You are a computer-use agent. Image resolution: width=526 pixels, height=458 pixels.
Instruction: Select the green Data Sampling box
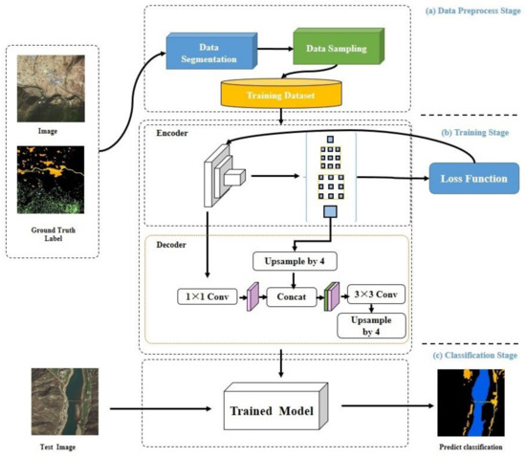click(x=335, y=46)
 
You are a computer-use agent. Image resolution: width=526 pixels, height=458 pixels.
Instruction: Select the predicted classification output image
click(x=469, y=401)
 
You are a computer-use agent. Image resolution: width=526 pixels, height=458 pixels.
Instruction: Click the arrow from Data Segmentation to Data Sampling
click(x=273, y=46)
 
